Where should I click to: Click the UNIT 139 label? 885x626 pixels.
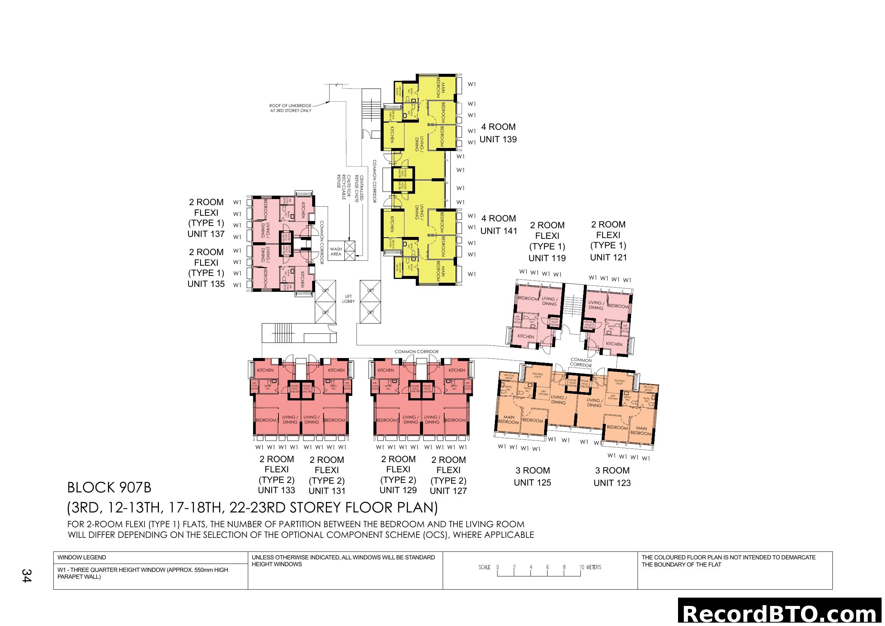(498, 140)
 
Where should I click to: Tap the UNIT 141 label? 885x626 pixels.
(498, 231)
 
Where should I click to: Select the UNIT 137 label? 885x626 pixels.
(206, 234)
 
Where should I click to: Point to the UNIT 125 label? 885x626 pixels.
(532, 483)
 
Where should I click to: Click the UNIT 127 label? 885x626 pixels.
(448, 491)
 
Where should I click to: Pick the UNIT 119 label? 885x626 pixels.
(547, 258)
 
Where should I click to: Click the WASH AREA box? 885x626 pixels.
(336, 252)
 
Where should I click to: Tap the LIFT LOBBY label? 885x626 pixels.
(348, 299)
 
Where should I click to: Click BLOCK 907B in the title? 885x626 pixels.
(109, 487)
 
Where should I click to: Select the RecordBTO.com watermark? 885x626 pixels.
(781, 613)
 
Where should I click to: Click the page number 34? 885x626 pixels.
(26, 576)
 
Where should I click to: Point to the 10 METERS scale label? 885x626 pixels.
(590, 567)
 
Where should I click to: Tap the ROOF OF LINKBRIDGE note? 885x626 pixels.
(290, 108)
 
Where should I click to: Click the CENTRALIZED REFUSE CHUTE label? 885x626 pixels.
(359, 188)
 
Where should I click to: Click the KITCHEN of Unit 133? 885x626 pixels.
(265, 370)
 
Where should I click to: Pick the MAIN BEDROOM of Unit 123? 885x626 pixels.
(641, 431)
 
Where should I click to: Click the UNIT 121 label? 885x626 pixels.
(608, 257)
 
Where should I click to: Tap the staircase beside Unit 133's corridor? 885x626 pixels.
(283, 333)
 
